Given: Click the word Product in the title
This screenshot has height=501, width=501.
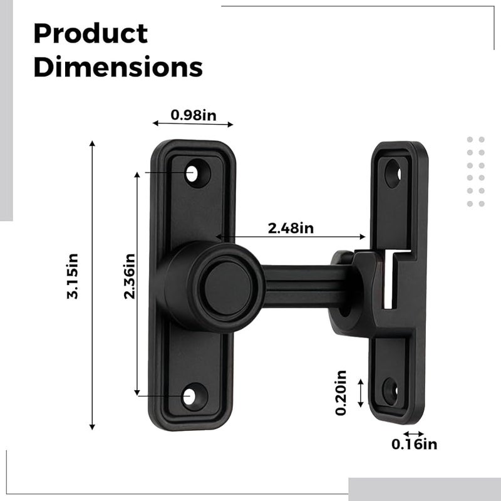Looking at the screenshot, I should coord(90,34).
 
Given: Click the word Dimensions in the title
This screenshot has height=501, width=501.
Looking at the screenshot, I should coord(118,67).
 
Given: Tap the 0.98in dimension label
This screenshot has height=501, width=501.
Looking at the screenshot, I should coord(193,115).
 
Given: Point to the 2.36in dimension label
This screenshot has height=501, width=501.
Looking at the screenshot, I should coord(129,276).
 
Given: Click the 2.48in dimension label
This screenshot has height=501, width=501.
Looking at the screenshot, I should coord(291,228).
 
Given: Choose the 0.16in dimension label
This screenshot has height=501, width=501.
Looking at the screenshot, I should coord(414,445).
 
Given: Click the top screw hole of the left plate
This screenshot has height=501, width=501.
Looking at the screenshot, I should coord(192,172).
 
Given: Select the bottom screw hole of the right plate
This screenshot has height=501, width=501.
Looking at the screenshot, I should coord(390,390).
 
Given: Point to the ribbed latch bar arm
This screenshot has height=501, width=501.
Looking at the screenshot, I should coord(301,285).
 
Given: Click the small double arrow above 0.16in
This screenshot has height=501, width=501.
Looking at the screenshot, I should coord(414,433).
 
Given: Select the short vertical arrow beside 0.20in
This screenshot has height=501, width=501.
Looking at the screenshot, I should coord(361,393).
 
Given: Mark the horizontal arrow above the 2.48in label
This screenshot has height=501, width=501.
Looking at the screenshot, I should coord(291,237).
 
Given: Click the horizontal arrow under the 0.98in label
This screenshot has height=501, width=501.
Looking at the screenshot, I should coord(193,123).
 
